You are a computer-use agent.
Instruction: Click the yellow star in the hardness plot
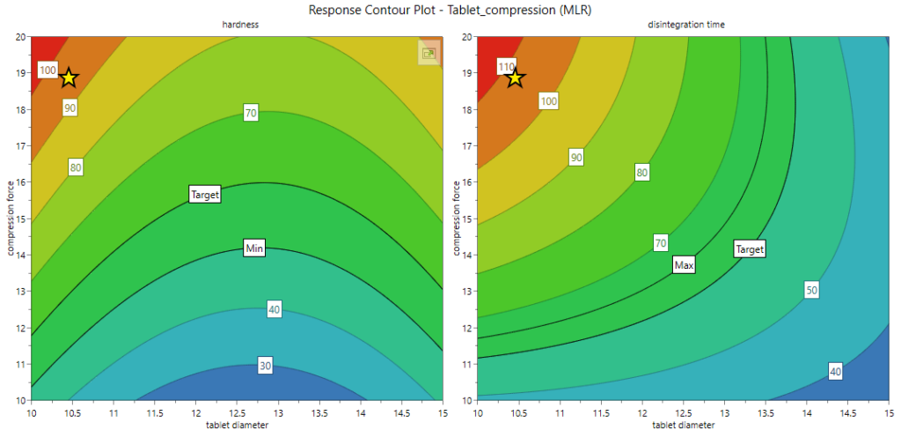[69, 78]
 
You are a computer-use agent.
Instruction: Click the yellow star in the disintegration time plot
[515, 78]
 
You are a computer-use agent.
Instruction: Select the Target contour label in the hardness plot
[204, 194]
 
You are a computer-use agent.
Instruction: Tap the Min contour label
[255, 248]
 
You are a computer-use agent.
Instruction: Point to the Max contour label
[684, 264]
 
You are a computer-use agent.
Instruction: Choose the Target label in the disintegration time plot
[749, 249]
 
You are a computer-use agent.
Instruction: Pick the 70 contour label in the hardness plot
[252, 113]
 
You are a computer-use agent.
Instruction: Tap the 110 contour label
[506, 67]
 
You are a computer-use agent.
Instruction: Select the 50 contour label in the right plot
[811, 290]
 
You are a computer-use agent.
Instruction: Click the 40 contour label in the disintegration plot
[835, 372]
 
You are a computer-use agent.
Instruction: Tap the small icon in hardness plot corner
[429, 54]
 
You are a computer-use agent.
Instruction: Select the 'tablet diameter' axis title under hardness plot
[238, 426]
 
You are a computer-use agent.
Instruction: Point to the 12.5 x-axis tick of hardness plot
[238, 411]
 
